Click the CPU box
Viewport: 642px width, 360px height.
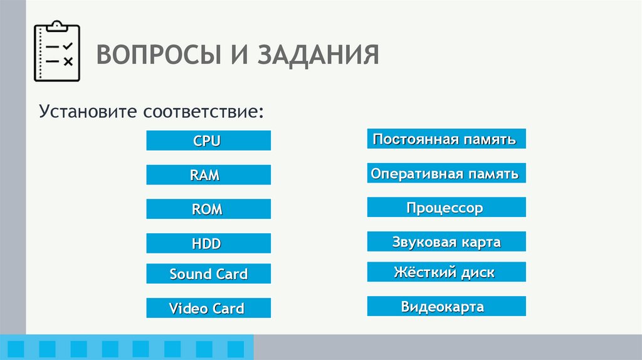point(208,140)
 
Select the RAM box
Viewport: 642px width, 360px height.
point(208,175)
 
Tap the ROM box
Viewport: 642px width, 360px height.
point(208,209)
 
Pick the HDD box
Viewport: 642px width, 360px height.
point(208,243)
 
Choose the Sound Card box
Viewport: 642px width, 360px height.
point(208,274)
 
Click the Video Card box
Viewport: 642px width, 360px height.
point(208,308)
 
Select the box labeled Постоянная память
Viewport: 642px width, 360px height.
point(446,139)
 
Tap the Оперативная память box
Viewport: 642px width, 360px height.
point(446,173)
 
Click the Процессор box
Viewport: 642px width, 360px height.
point(446,208)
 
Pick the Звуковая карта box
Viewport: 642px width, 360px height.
point(446,241)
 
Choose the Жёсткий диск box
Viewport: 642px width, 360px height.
point(446,272)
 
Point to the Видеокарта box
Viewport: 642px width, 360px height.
point(446,307)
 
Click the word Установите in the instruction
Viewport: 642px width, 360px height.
point(88,114)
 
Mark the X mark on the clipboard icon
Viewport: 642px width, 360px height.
point(68,61)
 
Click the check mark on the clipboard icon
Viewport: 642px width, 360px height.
point(68,46)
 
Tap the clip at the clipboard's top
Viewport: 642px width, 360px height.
point(56,26)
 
